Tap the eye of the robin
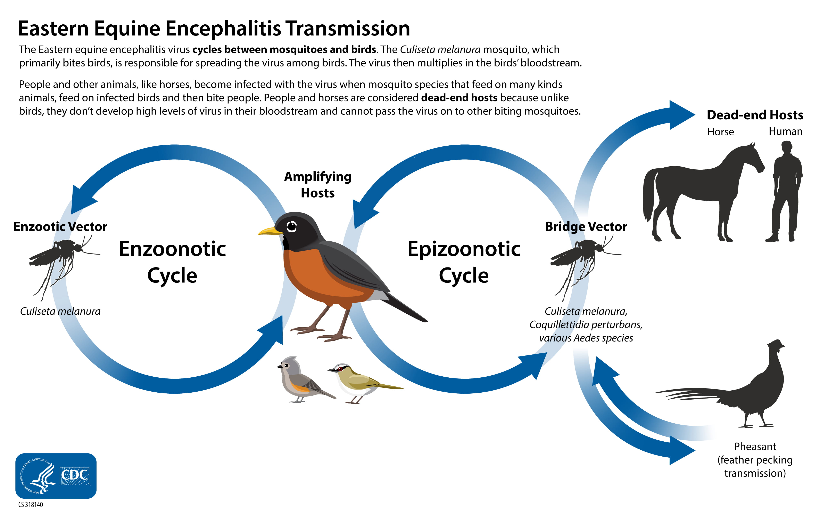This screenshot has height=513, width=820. click(x=291, y=226)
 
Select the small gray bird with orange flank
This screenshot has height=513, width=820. click(x=300, y=380)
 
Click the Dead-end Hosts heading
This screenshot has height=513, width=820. click(x=755, y=115)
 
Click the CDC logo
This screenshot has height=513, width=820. click(x=56, y=476)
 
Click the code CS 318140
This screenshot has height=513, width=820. click(x=31, y=505)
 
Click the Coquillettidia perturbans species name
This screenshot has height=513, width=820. click(x=586, y=325)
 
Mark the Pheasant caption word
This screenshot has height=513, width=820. click(x=755, y=447)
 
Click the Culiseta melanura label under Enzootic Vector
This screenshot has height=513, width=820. click(x=60, y=311)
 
